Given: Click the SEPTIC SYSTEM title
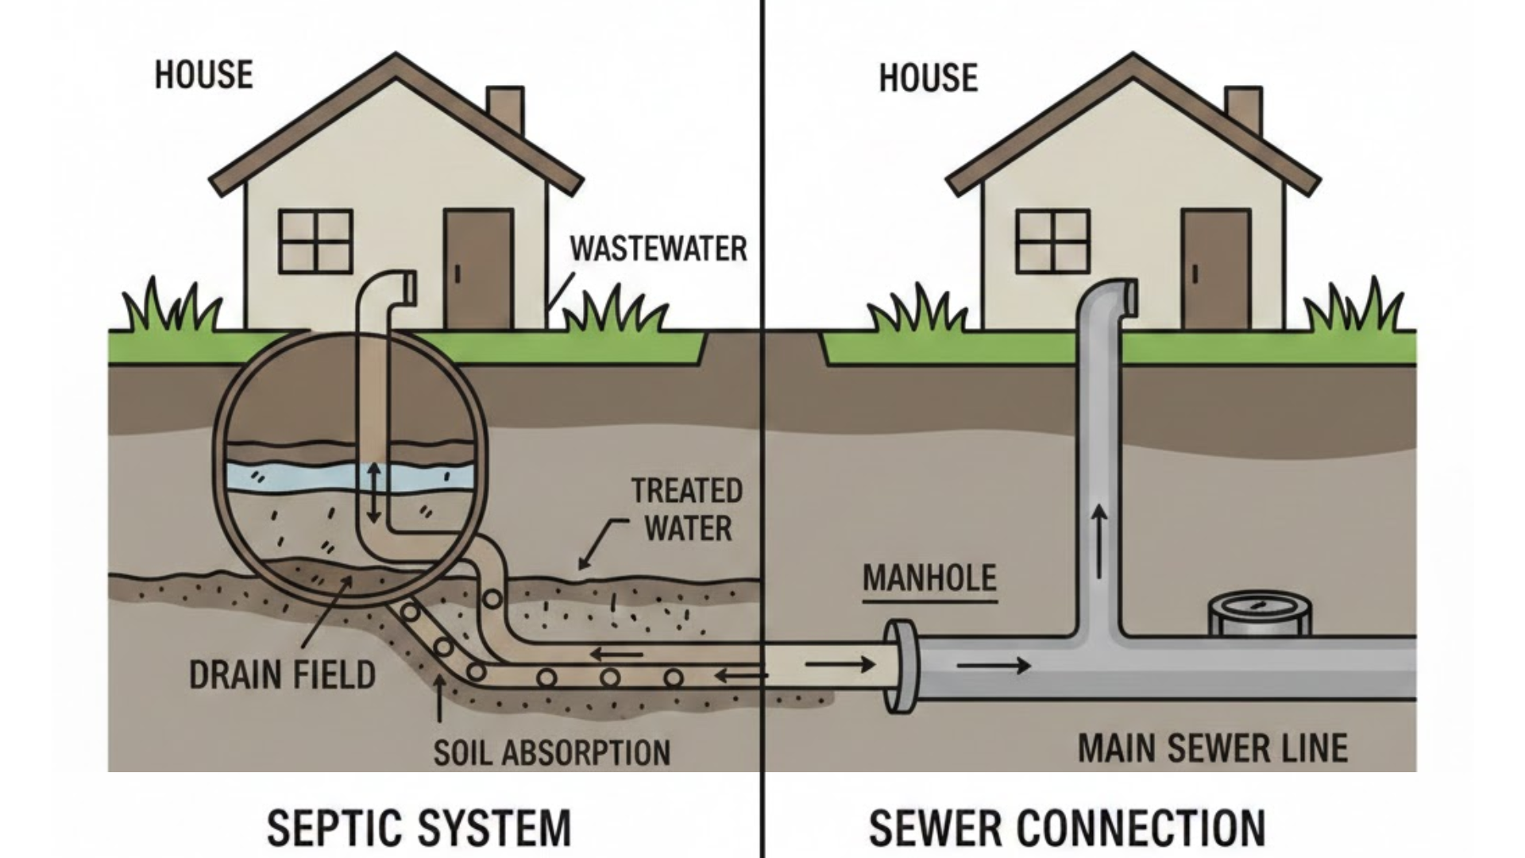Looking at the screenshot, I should [419, 829].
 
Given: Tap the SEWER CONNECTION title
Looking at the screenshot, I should [1067, 829].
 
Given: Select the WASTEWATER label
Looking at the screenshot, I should [658, 249].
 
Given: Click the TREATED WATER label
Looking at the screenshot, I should [687, 509].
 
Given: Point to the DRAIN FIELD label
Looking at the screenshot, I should [282, 675].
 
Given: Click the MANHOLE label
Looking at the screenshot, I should [929, 578].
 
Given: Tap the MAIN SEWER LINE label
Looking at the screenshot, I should [1213, 748].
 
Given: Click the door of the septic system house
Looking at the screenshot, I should [477, 269].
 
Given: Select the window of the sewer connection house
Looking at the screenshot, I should [1053, 241].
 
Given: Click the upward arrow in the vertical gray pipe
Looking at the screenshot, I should [1099, 541].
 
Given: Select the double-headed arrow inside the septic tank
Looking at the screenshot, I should [373, 493].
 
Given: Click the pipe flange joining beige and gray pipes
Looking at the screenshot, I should [902, 666].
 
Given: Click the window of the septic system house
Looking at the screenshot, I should [316, 241].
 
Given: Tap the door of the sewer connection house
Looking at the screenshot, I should [1215, 269].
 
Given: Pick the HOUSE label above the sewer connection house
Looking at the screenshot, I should [928, 78].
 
